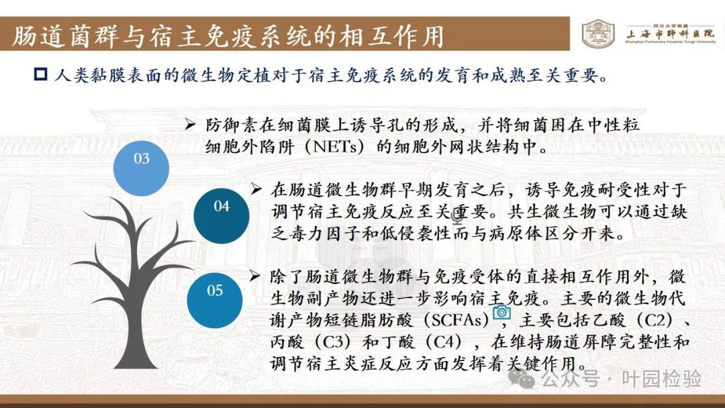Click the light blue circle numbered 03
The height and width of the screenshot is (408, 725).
click(x=141, y=168)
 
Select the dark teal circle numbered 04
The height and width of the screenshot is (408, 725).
click(x=222, y=216)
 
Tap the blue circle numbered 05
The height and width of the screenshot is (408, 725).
click(x=215, y=301)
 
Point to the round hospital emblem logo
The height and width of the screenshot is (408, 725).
click(x=598, y=34)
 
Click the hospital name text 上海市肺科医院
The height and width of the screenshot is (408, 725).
click(x=670, y=34)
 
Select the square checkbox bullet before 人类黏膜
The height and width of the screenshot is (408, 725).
click(x=41, y=74)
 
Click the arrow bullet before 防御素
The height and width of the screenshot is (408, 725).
click(x=190, y=124)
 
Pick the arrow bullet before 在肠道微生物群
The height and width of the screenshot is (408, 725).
click(x=256, y=189)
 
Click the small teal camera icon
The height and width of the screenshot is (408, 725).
click(x=501, y=313)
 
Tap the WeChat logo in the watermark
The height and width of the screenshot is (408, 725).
click(x=522, y=379)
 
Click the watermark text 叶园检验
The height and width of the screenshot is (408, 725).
click(x=662, y=379)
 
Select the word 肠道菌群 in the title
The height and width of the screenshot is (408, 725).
click(x=65, y=36)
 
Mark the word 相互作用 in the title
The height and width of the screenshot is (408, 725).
click(x=391, y=36)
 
